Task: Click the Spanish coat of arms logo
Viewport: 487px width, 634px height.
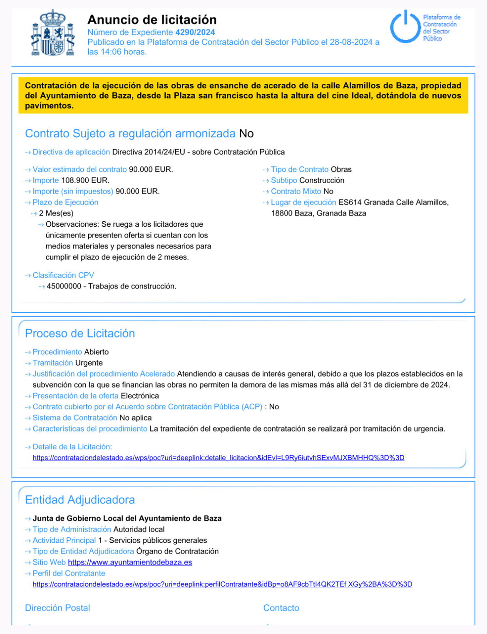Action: (x=53, y=33)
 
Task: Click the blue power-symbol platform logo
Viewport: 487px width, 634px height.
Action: (x=405, y=27)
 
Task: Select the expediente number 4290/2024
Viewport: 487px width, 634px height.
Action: (x=195, y=33)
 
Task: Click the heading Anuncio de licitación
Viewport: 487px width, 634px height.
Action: (x=152, y=20)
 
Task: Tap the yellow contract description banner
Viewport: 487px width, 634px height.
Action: (x=243, y=95)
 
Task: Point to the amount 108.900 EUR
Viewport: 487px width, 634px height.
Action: (x=85, y=180)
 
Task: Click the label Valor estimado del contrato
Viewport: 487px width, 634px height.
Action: (x=80, y=170)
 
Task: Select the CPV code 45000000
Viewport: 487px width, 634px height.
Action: (x=64, y=286)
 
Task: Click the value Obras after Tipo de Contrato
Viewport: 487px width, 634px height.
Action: (x=341, y=170)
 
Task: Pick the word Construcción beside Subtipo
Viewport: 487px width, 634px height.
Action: (x=322, y=180)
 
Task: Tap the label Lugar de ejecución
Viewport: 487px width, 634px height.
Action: (x=303, y=203)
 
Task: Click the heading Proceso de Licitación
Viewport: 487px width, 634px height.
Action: (x=80, y=333)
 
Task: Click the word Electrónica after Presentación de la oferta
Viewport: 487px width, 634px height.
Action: (x=140, y=396)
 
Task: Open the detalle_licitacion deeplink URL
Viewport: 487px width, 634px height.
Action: (x=219, y=458)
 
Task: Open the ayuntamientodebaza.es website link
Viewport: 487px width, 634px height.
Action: (x=130, y=562)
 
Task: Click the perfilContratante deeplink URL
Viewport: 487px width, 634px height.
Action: (x=222, y=584)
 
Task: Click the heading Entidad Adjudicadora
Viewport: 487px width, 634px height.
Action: (x=80, y=500)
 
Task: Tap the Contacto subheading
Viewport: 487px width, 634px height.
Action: (x=281, y=608)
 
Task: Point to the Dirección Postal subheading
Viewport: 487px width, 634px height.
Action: (x=57, y=608)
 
